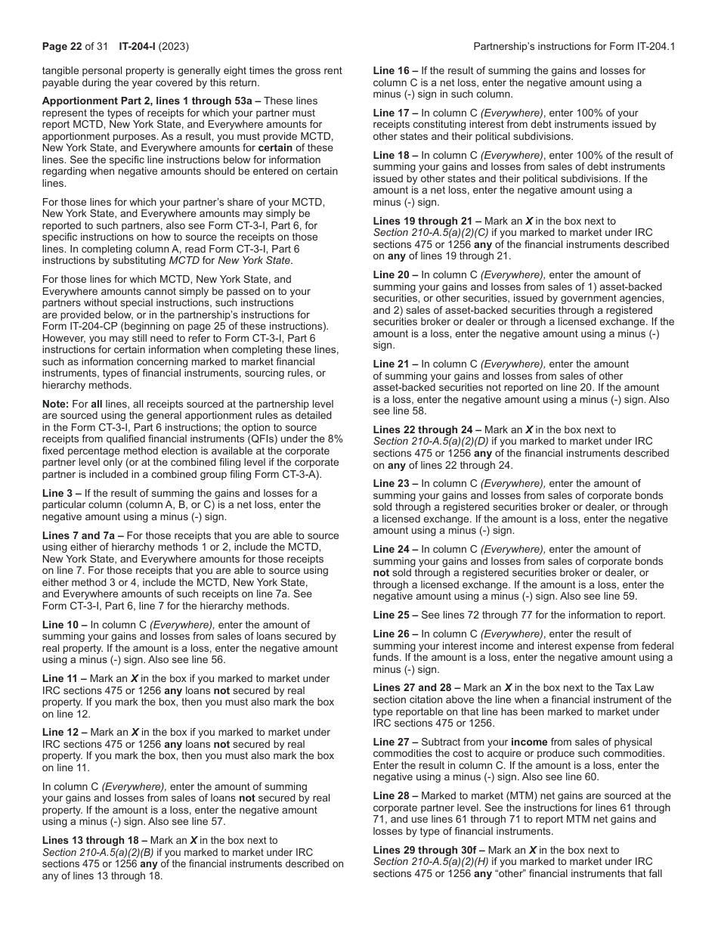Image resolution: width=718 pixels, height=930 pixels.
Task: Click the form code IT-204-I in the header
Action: pos(138,46)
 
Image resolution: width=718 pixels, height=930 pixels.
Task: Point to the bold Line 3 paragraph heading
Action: pos(60,494)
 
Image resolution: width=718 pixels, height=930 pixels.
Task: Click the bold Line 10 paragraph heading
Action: pos(63,625)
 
